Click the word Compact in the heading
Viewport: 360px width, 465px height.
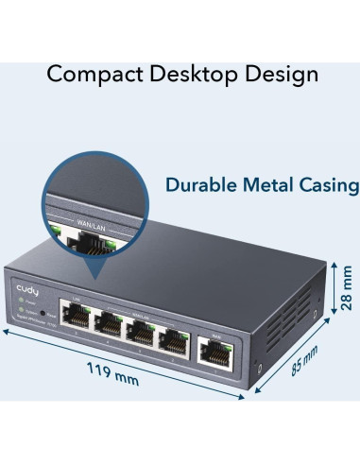coord(92,73)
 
